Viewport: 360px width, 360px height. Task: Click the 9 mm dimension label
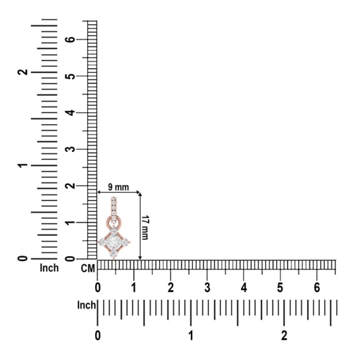118,188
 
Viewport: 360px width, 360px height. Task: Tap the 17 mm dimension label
145,227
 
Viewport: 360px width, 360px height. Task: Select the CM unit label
88,268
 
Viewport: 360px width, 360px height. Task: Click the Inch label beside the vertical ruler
49,268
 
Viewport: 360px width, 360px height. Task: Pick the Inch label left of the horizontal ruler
87,305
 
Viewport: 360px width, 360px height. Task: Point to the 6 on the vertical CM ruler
71,39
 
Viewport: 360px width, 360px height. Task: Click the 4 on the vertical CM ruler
71,112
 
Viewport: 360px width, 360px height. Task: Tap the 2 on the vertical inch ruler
22,72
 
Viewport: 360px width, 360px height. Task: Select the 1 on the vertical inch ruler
22,165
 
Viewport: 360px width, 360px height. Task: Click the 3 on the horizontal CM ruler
207,287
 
